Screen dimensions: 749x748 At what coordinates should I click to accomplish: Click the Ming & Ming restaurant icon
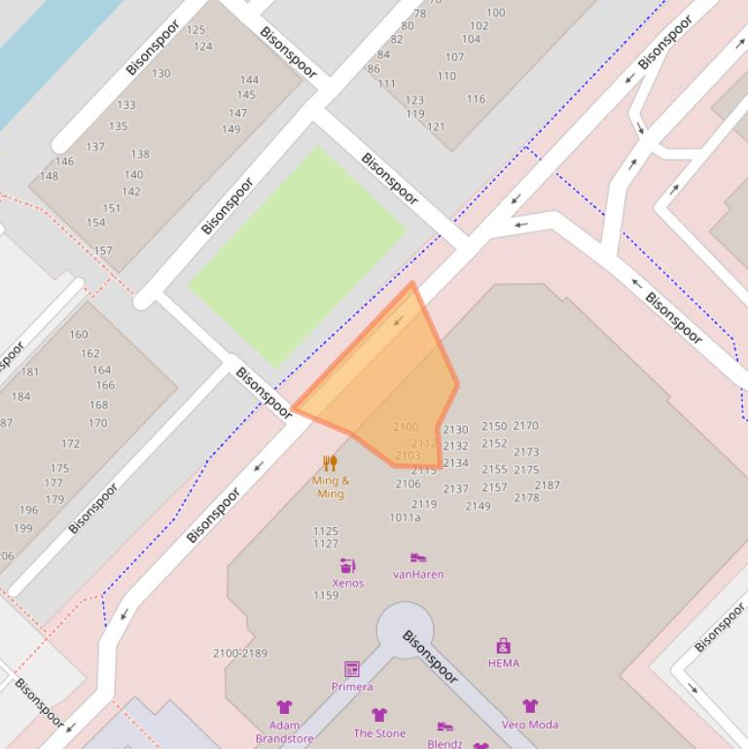pyautogui.click(x=330, y=463)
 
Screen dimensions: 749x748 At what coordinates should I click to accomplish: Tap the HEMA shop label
pyautogui.click(x=503, y=663)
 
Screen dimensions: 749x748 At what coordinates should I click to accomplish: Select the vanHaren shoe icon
pyautogui.click(x=418, y=557)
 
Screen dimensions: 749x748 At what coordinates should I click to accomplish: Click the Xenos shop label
pyautogui.click(x=347, y=584)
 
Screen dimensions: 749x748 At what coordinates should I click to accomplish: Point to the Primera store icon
pyautogui.click(x=352, y=669)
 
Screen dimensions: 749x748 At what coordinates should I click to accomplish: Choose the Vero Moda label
pyautogui.click(x=530, y=725)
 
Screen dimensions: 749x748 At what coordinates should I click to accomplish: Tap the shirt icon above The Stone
pyautogui.click(x=379, y=715)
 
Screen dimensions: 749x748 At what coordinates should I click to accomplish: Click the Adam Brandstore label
pyautogui.click(x=284, y=731)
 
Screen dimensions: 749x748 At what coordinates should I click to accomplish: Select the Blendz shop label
pyautogui.click(x=445, y=743)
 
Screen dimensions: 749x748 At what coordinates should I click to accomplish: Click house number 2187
pyautogui.click(x=547, y=485)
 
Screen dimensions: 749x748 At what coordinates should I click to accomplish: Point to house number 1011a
pyautogui.click(x=405, y=517)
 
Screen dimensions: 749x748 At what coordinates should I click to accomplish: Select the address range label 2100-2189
pyautogui.click(x=240, y=654)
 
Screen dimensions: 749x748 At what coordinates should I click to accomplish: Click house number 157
pyautogui.click(x=103, y=250)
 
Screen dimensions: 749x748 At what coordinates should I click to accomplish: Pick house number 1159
pyautogui.click(x=326, y=595)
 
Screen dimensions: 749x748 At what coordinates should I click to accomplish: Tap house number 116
pyautogui.click(x=476, y=99)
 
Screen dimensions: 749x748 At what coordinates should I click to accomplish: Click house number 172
pyautogui.click(x=70, y=444)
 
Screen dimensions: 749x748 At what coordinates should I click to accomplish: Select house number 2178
pyautogui.click(x=526, y=498)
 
